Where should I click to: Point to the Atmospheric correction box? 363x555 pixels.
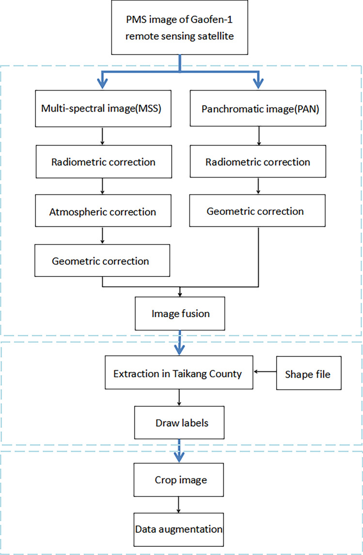click(102, 212)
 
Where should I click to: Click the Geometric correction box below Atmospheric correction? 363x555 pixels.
click(102, 261)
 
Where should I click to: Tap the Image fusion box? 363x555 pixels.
click(180, 314)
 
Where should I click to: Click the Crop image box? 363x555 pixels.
click(180, 480)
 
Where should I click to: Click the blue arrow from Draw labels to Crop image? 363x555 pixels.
click(180, 451)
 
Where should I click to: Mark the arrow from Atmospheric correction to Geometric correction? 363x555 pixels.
click(102, 236)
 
